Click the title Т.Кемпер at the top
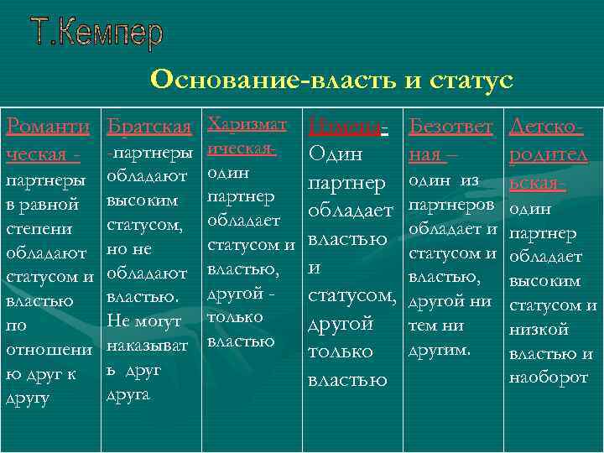(x=97, y=33)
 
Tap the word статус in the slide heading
(x=466, y=81)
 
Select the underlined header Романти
(x=48, y=128)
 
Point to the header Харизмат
(x=246, y=124)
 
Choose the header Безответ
(x=450, y=128)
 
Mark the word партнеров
(x=449, y=205)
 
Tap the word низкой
(x=539, y=330)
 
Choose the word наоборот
(x=549, y=377)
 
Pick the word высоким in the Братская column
(x=142, y=202)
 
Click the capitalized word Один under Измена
(x=336, y=155)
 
